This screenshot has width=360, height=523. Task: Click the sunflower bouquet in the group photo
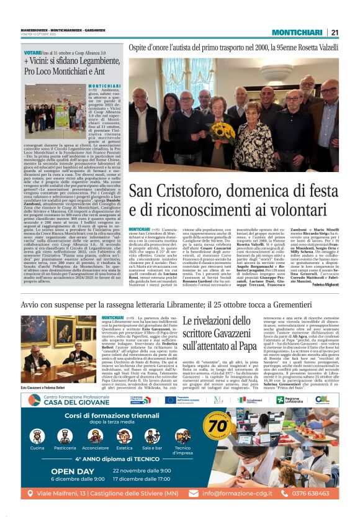pyautogui.click(x=223, y=130)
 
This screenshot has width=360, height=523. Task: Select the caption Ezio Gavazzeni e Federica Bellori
pyautogui.click(x=47, y=370)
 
